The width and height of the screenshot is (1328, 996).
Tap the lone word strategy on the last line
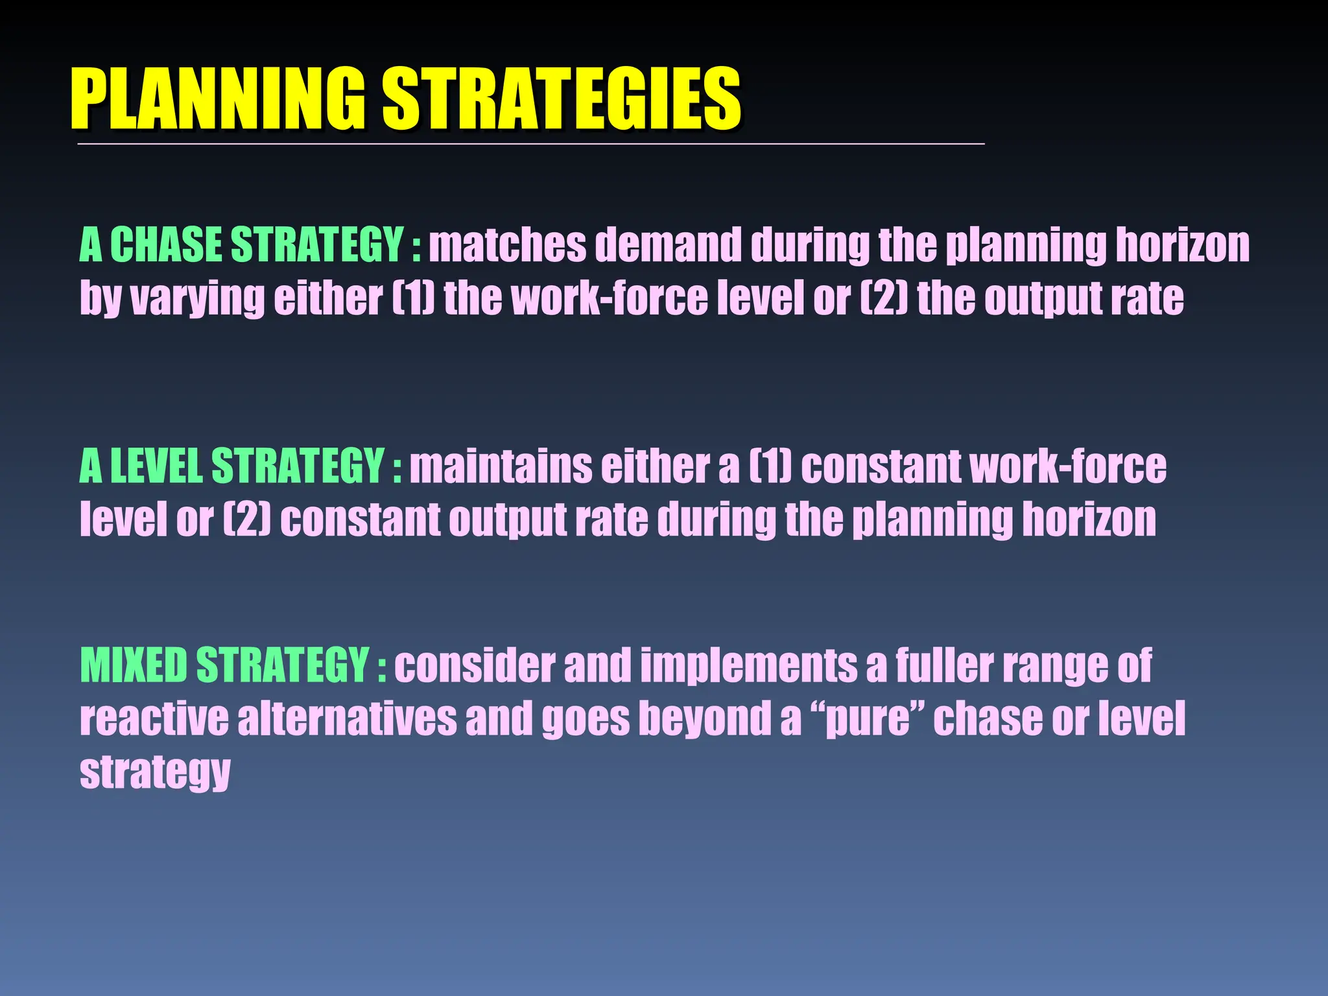[x=155, y=773]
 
